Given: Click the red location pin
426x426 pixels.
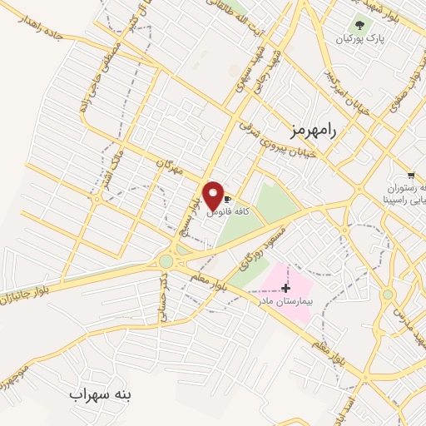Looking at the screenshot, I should [x=213, y=196].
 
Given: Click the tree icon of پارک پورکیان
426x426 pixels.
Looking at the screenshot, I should [x=359, y=25].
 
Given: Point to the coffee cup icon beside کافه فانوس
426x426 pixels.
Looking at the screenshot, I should [x=227, y=200].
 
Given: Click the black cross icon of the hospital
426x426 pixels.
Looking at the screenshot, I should [x=286, y=287].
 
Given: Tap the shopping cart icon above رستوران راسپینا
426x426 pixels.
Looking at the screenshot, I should [x=411, y=176].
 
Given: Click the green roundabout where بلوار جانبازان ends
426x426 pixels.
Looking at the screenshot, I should [x=166, y=261].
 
